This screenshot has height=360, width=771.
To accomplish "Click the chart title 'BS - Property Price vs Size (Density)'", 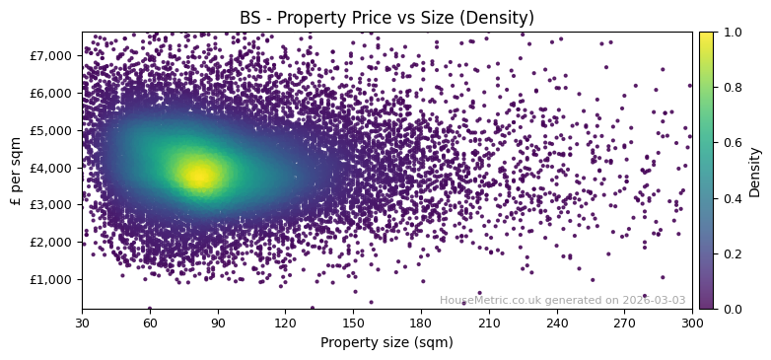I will point(386,18).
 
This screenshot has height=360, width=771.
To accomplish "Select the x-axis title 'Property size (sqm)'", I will point(386,342).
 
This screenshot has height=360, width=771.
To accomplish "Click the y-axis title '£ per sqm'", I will point(16,170).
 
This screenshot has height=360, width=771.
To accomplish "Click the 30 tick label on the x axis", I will point(82,322).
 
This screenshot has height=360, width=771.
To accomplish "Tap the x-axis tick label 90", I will point(218,322).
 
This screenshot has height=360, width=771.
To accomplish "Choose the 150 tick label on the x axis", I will point(353,322).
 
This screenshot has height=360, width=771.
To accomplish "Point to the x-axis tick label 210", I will point(489,322).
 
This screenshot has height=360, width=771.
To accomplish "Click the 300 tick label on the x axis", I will point(692,322).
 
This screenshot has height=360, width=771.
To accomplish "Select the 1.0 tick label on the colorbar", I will point(730,33).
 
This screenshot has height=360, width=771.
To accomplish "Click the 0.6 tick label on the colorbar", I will point(730,143).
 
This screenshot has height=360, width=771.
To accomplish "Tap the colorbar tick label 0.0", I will point(730,309).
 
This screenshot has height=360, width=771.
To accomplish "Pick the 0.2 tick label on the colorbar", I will point(730,253).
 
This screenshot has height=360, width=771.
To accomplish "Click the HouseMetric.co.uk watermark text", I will point(562,300).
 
